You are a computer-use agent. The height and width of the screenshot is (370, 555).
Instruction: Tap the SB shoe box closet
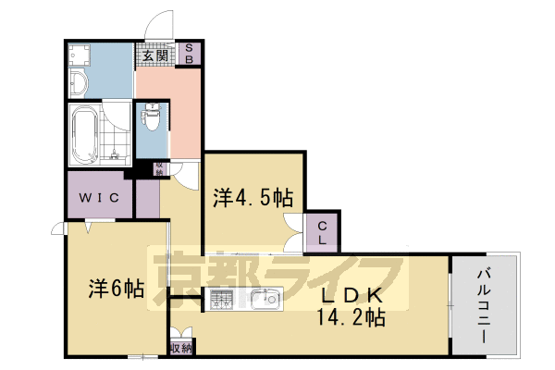[x=190, y=53]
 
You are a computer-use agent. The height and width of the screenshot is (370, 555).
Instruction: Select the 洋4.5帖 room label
[x=253, y=197]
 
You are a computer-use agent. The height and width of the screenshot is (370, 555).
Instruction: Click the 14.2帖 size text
[x=352, y=317]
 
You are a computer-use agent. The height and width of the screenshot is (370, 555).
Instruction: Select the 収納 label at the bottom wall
[x=181, y=348]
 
